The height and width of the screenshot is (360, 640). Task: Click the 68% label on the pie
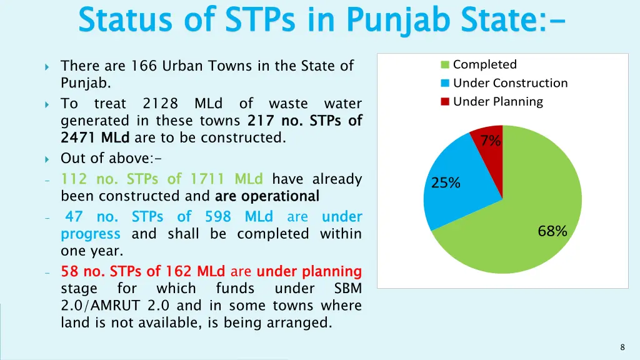[552, 231]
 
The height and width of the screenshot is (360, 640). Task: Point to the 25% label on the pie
[446, 183]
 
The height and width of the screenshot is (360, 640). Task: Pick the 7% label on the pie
[491, 141]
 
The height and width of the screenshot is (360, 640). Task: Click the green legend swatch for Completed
[445, 65]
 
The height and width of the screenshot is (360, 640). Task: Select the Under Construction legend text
[510, 83]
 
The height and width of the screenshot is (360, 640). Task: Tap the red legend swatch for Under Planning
[445, 102]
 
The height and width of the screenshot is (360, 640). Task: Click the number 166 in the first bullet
[144, 66]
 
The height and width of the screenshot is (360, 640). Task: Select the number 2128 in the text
[160, 103]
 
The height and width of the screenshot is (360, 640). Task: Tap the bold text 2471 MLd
[95, 137]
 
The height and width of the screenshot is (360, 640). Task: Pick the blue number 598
[218, 217]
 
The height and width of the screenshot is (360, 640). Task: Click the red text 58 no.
[83, 271]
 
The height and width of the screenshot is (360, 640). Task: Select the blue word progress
[90, 234]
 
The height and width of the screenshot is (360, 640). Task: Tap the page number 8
[622, 347]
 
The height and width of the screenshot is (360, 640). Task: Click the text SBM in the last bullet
[347, 289]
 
